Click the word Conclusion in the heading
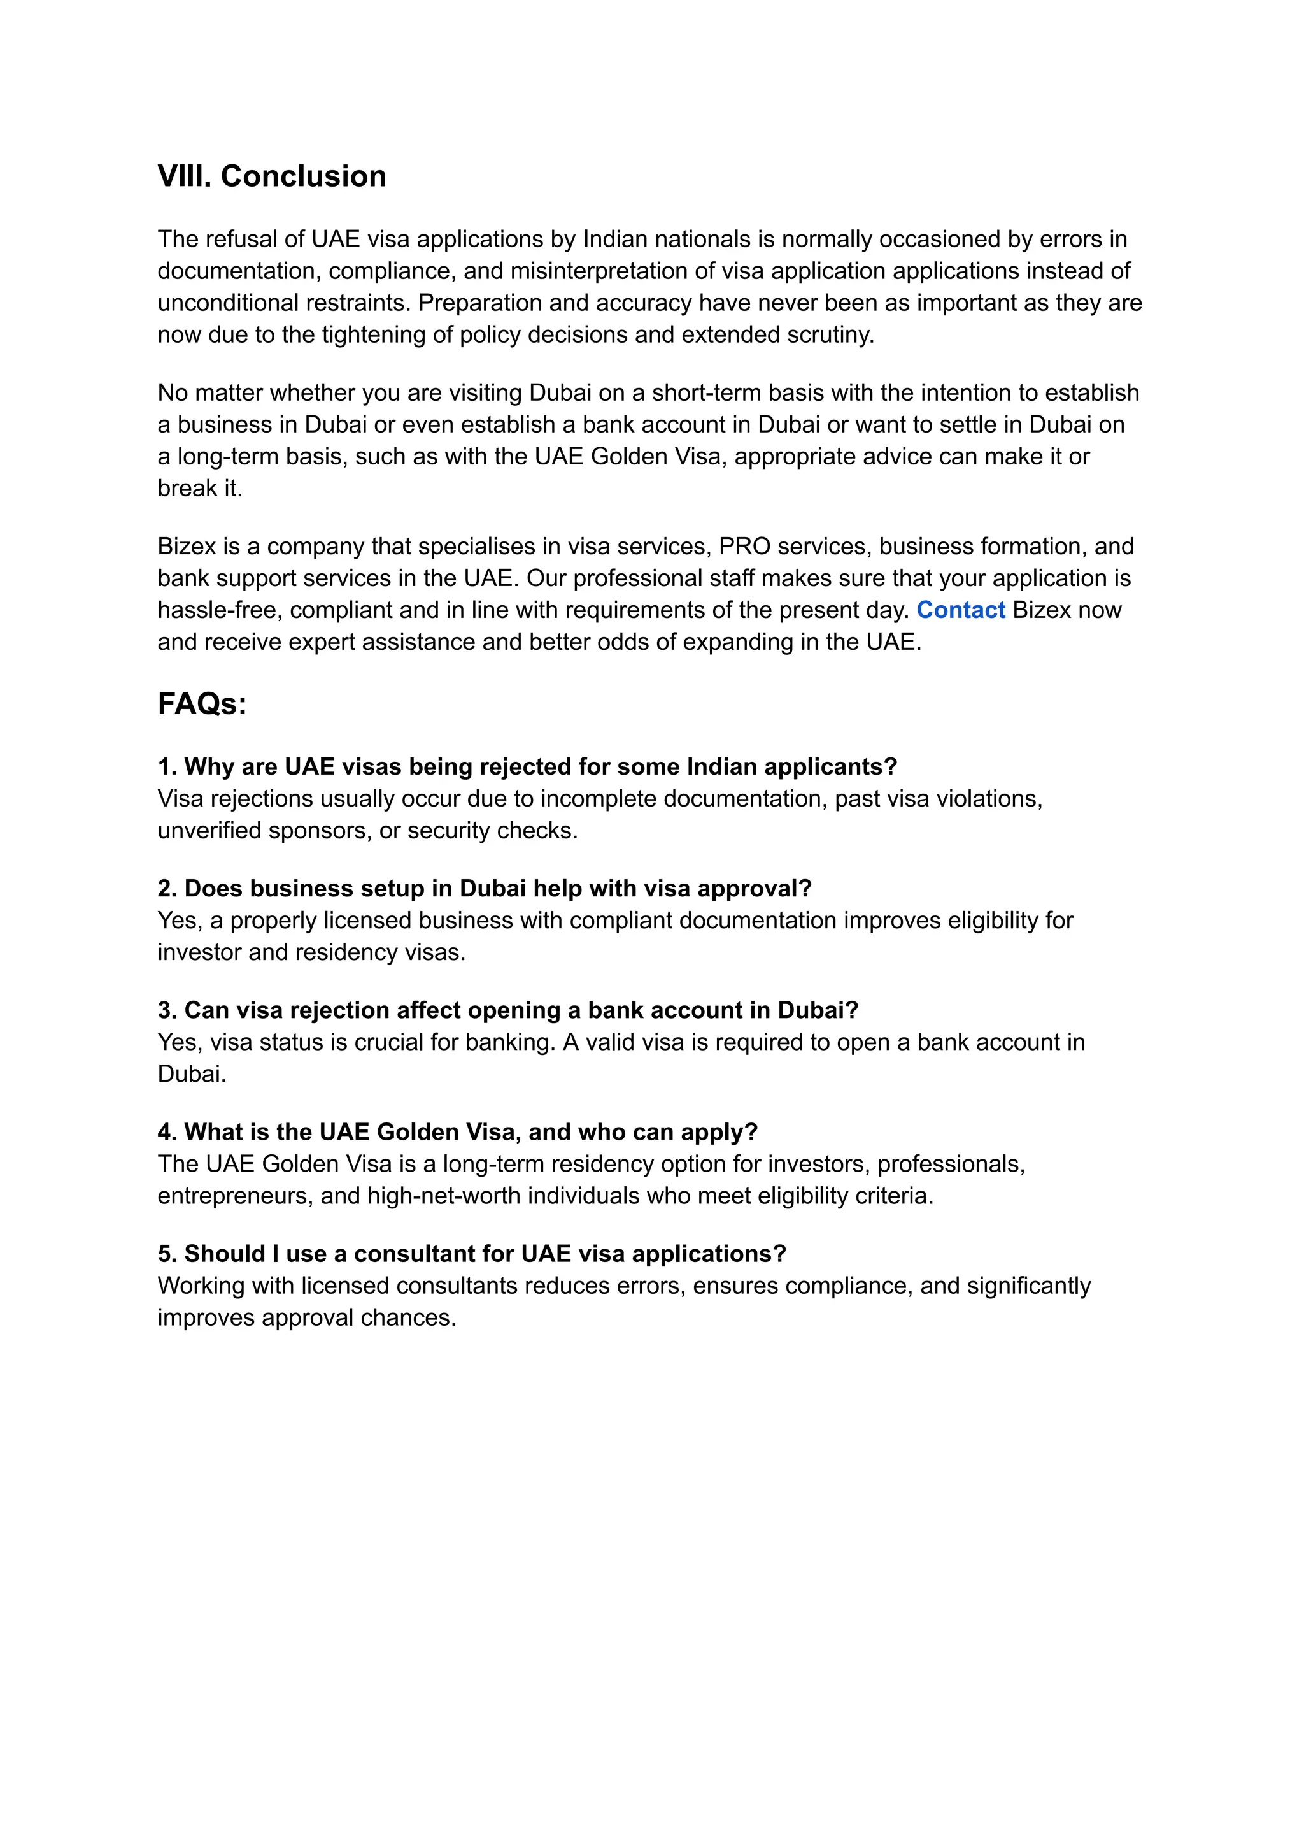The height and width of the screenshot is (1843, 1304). pyautogui.click(x=304, y=176)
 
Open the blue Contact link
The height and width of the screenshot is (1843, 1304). pyautogui.click(x=960, y=610)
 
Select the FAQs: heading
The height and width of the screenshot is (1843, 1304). pyautogui.click(x=202, y=704)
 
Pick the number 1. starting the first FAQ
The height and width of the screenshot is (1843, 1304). pyautogui.click(x=167, y=766)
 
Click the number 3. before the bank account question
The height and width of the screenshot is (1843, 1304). pyautogui.click(x=167, y=1010)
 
